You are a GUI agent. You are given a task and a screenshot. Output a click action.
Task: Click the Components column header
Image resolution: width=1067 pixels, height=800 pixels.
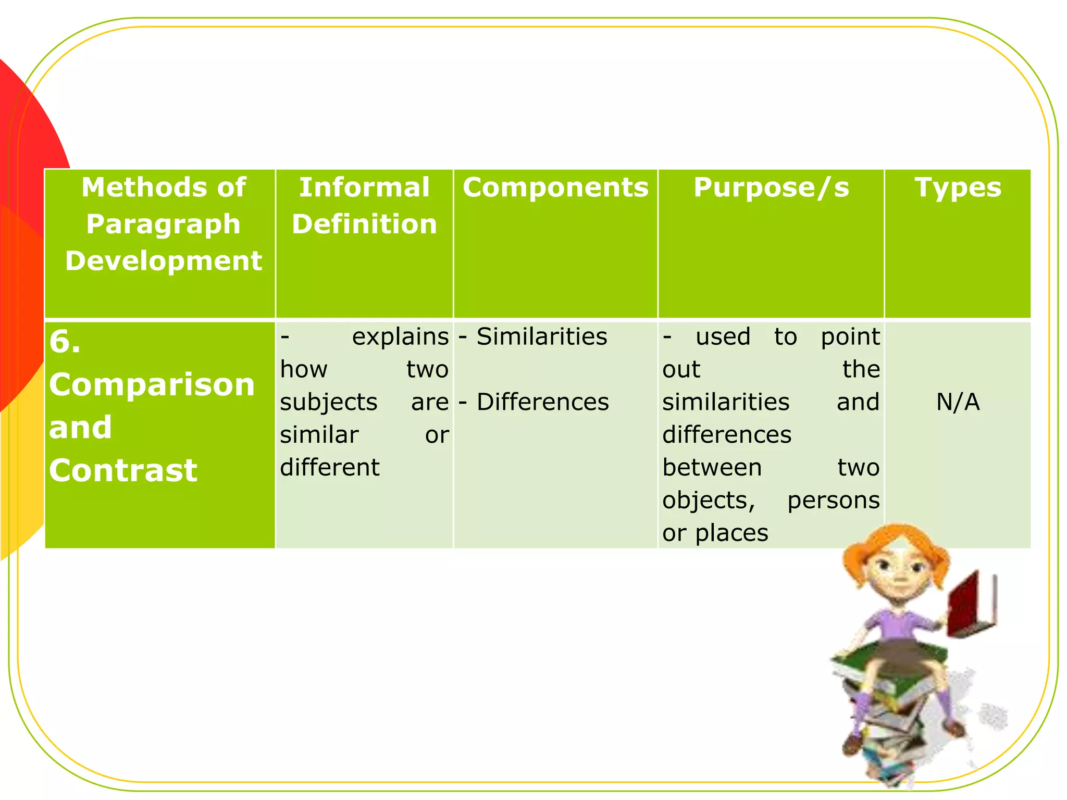555,187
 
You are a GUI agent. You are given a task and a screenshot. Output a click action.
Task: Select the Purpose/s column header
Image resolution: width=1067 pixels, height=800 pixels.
771,187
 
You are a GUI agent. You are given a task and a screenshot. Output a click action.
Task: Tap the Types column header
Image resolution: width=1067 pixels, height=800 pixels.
958,187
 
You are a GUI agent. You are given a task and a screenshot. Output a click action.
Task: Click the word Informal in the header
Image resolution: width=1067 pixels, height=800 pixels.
364,187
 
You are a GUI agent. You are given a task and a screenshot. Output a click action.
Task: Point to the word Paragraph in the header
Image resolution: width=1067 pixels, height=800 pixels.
163,224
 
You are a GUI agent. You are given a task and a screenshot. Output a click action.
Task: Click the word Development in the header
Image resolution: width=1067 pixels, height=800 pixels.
163,261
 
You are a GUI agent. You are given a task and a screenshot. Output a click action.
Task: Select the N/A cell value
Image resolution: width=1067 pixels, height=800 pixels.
958,402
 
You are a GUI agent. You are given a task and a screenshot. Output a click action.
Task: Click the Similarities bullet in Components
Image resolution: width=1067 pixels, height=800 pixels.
541,336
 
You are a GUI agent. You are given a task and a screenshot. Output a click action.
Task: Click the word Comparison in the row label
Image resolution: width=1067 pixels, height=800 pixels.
152,385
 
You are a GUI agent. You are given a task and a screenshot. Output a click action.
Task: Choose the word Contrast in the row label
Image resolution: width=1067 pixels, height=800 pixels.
123,471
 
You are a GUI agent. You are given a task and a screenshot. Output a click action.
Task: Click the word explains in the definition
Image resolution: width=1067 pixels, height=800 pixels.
400,336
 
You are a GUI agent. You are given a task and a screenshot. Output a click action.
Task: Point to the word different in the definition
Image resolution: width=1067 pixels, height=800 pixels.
330,467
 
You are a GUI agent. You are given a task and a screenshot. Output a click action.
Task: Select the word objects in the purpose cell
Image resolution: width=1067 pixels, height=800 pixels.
709,501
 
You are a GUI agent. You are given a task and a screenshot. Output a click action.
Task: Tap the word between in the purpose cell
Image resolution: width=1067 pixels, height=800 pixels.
712,468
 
